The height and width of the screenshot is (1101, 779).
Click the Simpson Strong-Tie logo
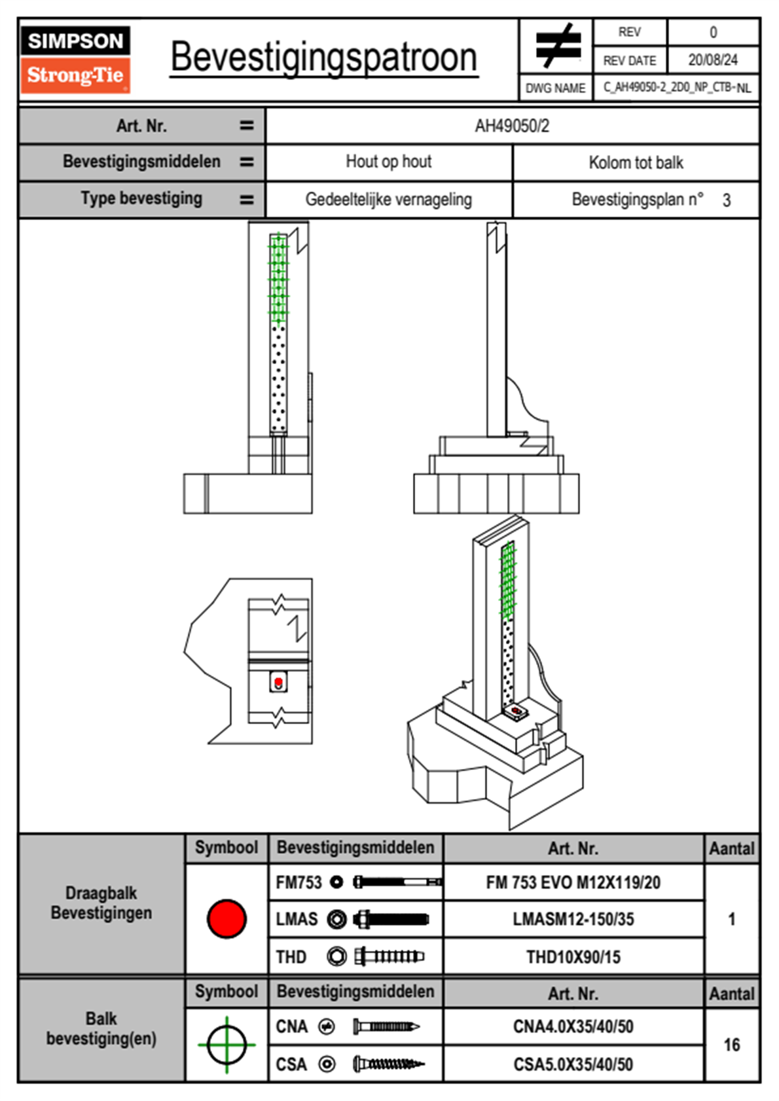(75, 59)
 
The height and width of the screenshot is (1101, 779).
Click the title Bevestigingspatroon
(323, 58)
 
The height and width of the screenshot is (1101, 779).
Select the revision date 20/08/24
(712, 60)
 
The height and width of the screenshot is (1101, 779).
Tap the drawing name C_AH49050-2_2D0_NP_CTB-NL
(676, 88)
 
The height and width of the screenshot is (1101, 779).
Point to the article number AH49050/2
(512, 126)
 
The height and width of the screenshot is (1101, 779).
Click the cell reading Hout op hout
(389, 162)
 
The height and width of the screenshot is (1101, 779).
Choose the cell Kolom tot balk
(636, 162)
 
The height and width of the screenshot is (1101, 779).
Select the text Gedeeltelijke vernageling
(389, 200)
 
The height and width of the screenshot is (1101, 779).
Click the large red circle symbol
(226, 918)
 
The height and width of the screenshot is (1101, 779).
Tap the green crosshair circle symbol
(226, 1045)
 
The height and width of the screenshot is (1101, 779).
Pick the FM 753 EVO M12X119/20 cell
(573, 883)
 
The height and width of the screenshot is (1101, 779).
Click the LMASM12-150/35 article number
(573, 920)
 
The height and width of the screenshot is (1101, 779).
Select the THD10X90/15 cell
(573, 957)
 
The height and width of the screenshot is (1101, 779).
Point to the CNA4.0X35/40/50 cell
(573, 1026)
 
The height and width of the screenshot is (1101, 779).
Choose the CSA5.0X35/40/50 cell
(573, 1064)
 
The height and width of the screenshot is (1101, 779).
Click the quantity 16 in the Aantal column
(731, 1045)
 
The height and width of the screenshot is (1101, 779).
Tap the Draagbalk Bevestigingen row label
(101, 903)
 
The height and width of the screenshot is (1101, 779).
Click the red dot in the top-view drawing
(279, 682)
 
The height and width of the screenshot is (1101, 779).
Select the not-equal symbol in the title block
(556, 46)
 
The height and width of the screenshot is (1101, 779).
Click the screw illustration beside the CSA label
(388, 1064)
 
